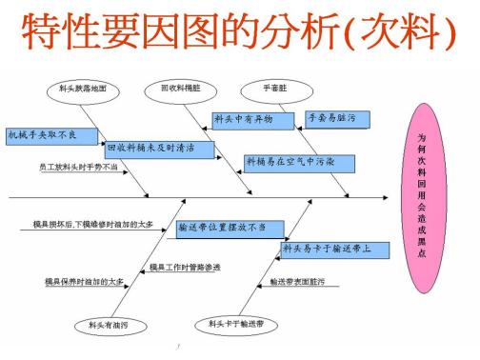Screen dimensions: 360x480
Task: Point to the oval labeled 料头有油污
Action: (107, 327)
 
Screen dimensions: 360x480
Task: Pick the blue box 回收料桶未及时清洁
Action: (158, 149)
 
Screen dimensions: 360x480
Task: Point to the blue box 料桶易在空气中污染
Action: (290, 163)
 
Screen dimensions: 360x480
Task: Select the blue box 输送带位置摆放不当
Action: (229, 228)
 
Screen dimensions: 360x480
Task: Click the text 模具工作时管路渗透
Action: (185, 268)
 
